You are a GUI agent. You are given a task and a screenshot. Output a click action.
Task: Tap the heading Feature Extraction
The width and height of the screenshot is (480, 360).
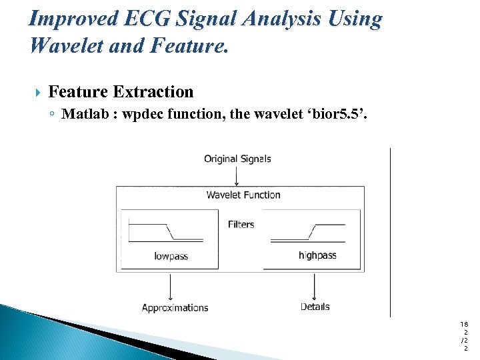point(121,92)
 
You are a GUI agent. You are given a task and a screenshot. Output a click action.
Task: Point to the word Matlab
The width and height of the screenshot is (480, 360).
point(85,114)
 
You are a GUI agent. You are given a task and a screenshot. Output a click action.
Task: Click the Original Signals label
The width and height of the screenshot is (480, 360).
point(237,159)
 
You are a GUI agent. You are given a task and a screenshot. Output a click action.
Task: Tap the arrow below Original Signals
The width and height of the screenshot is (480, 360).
point(237,176)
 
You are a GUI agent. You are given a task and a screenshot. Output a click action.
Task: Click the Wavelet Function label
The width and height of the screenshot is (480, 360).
point(243,195)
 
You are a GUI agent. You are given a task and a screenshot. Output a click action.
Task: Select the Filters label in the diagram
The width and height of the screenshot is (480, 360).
point(241,224)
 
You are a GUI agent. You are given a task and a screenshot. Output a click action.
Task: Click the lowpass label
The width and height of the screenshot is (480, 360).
point(171,256)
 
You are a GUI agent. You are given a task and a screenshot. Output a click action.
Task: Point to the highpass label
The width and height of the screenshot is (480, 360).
point(317,255)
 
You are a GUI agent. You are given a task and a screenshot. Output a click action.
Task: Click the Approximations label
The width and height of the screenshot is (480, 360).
point(175,307)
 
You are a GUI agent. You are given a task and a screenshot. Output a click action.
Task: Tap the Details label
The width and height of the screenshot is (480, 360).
point(315,307)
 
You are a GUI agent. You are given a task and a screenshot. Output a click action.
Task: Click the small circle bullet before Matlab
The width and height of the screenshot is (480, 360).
point(52,114)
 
